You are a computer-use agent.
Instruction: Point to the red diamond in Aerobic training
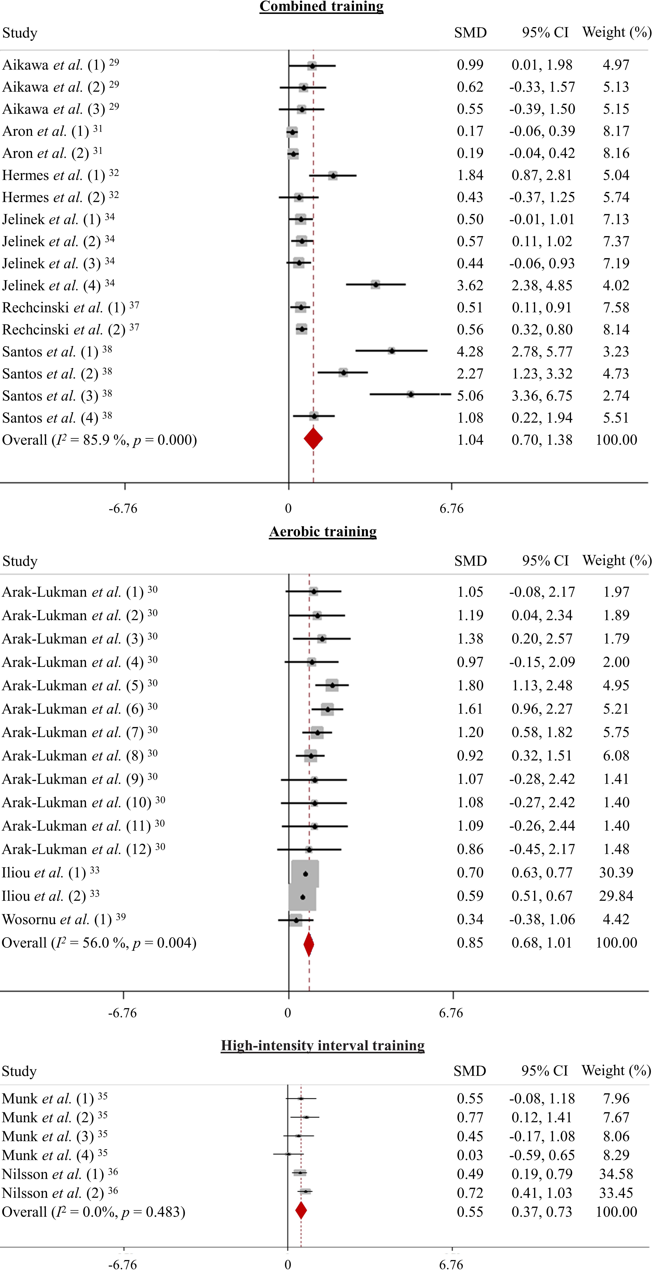pos(309,944)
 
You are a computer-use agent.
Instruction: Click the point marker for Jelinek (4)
pos(376,284)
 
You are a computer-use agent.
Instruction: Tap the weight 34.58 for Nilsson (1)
pos(616,1174)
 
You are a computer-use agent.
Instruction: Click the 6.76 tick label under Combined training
pos(451,508)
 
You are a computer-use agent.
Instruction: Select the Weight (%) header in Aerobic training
pos(617,561)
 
